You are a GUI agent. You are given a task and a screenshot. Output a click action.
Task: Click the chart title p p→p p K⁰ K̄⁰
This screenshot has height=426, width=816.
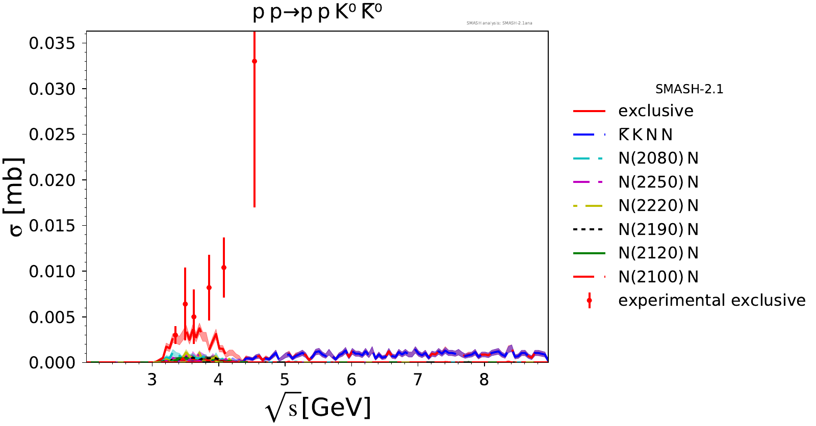click(x=317, y=13)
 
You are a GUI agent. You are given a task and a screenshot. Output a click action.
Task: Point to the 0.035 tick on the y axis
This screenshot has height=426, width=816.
click(x=52, y=43)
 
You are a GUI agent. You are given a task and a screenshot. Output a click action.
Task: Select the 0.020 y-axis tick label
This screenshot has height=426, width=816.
click(x=52, y=180)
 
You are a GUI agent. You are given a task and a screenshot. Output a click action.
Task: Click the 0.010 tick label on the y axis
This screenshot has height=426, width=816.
click(x=52, y=271)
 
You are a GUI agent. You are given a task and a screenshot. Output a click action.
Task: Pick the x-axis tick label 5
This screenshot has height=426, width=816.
click(x=285, y=380)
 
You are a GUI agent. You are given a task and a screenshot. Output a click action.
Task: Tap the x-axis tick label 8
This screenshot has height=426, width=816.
click(x=484, y=380)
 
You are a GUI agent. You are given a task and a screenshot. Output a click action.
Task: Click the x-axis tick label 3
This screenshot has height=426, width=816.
click(x=152, y=380)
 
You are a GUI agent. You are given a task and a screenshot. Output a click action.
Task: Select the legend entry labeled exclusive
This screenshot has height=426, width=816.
click(x=655, y=111)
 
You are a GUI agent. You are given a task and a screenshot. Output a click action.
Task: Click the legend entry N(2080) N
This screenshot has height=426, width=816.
click(x=658, y=158)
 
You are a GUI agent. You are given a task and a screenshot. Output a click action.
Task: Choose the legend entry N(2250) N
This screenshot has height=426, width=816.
click(x=658, y=182)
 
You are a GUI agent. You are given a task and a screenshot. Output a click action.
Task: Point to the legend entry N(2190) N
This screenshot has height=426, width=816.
click(x=658, y=229)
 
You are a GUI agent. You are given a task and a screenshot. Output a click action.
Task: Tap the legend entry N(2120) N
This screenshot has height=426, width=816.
click(x=658, y=253)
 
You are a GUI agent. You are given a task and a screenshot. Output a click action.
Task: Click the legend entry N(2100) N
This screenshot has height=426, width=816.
click(x=658, y=277)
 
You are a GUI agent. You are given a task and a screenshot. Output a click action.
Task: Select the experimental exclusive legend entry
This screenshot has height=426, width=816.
click(x=711, y=301)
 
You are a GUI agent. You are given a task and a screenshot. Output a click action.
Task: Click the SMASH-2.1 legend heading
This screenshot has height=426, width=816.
click(x=689, y=89)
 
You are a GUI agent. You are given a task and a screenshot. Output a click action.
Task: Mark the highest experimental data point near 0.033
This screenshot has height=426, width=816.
click(x=254, y=61)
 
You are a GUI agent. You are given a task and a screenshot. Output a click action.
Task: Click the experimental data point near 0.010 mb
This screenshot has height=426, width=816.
click(x=224, y=268)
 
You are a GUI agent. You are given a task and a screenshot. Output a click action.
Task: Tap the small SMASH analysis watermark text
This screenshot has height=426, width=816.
click(x=499, y=23)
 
